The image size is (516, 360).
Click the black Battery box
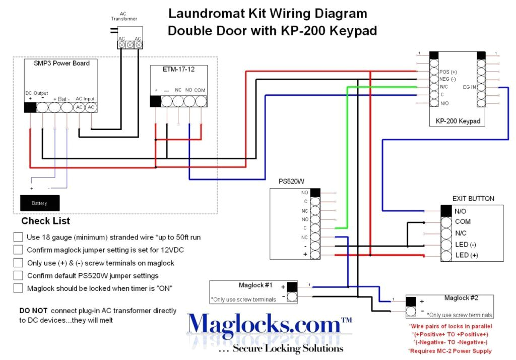(39, 203)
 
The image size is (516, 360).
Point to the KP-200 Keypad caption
(457, 122)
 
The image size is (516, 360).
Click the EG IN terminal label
(469, 87)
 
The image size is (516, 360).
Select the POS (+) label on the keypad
(448, 72)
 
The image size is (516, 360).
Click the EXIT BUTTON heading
(473, 199)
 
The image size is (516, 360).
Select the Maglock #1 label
(255, 285)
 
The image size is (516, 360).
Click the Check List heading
(45, 221)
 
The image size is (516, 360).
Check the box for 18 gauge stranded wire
(18, 236)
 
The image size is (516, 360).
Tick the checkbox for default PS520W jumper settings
(18, 275)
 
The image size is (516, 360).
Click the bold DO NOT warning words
(33, 311)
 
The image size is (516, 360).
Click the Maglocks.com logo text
(262, 325)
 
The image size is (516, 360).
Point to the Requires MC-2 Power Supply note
(449, 351)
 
